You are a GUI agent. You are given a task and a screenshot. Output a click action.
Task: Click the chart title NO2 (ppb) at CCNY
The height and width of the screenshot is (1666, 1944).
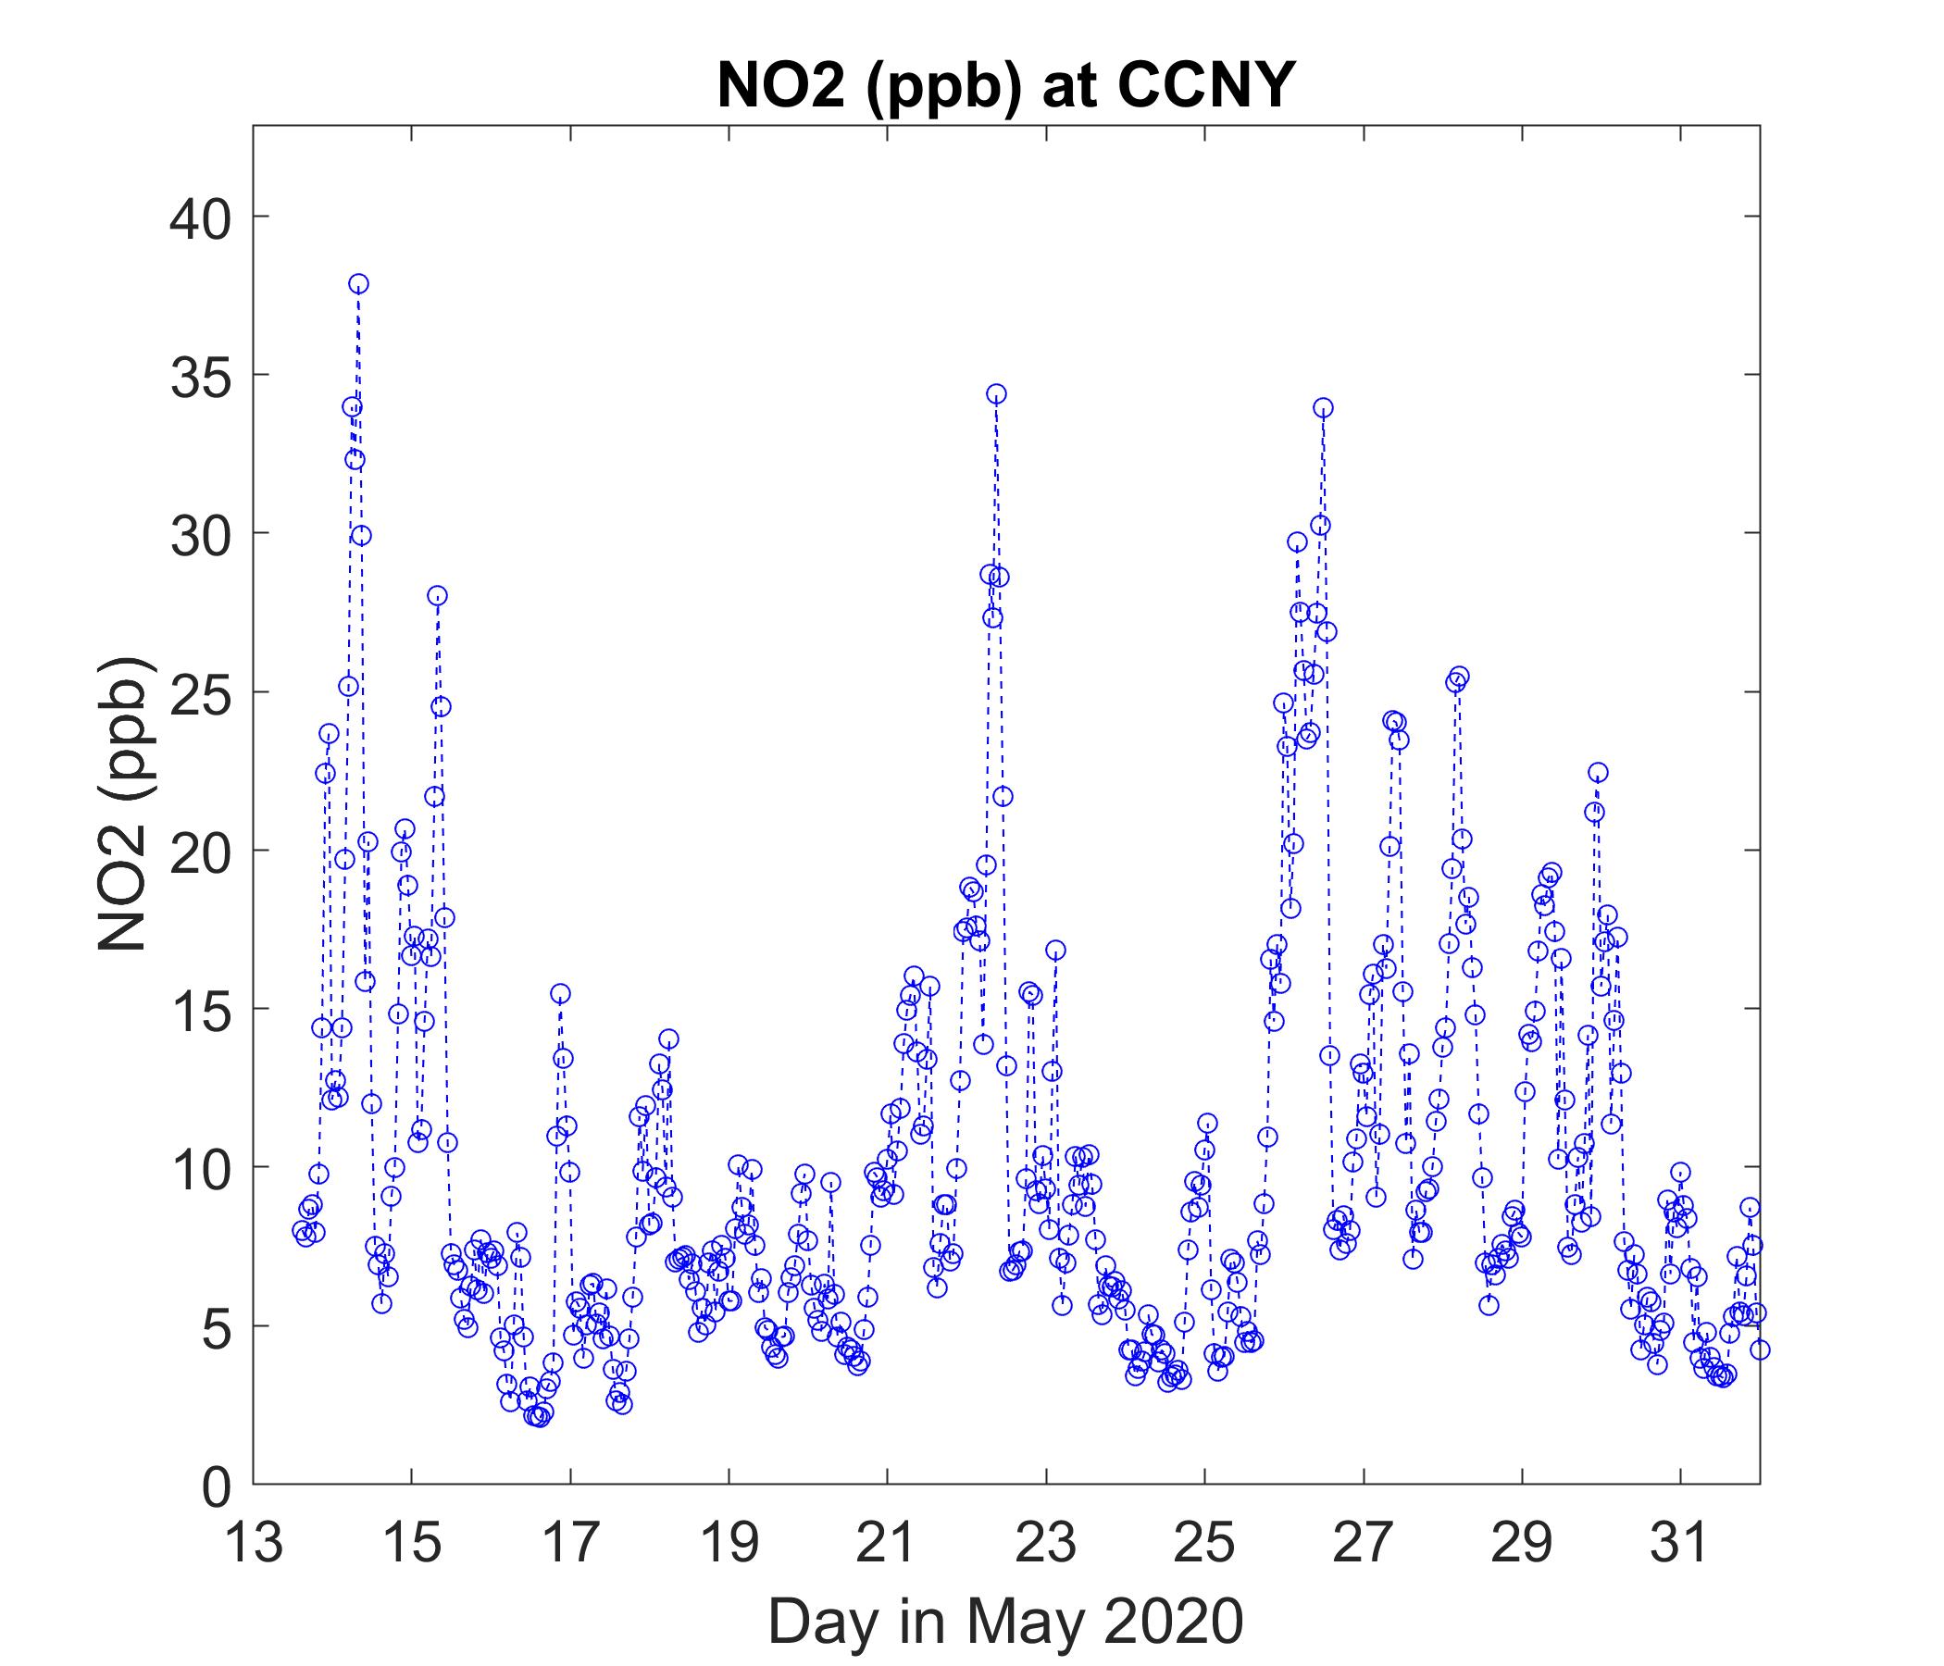(1005, 86)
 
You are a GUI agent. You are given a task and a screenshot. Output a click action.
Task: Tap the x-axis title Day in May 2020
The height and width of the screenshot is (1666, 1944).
(1005, 1621)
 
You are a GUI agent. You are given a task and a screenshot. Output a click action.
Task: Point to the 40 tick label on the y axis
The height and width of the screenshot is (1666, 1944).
(202, 217)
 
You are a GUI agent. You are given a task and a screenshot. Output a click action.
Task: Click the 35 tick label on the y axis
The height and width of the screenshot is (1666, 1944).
(202, 375)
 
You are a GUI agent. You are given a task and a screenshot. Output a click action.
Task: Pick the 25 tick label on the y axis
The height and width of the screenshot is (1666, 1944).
(202, 692)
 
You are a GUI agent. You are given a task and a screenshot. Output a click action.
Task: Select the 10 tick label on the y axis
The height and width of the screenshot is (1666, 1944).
(202, 1168)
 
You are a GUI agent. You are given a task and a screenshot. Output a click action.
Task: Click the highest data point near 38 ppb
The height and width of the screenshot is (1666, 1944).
(358, 283)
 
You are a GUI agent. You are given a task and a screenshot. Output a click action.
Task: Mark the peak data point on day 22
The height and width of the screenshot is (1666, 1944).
(996, 394)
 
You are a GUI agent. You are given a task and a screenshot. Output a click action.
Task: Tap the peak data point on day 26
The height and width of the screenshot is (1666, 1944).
(1323, 407)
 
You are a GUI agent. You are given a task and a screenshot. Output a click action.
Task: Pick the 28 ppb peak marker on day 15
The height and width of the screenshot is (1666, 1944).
(437, 596)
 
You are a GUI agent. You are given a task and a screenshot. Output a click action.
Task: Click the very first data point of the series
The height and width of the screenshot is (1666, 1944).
(301, 1230)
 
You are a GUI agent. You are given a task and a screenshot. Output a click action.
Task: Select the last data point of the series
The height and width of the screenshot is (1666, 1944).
(1760, 1349)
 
